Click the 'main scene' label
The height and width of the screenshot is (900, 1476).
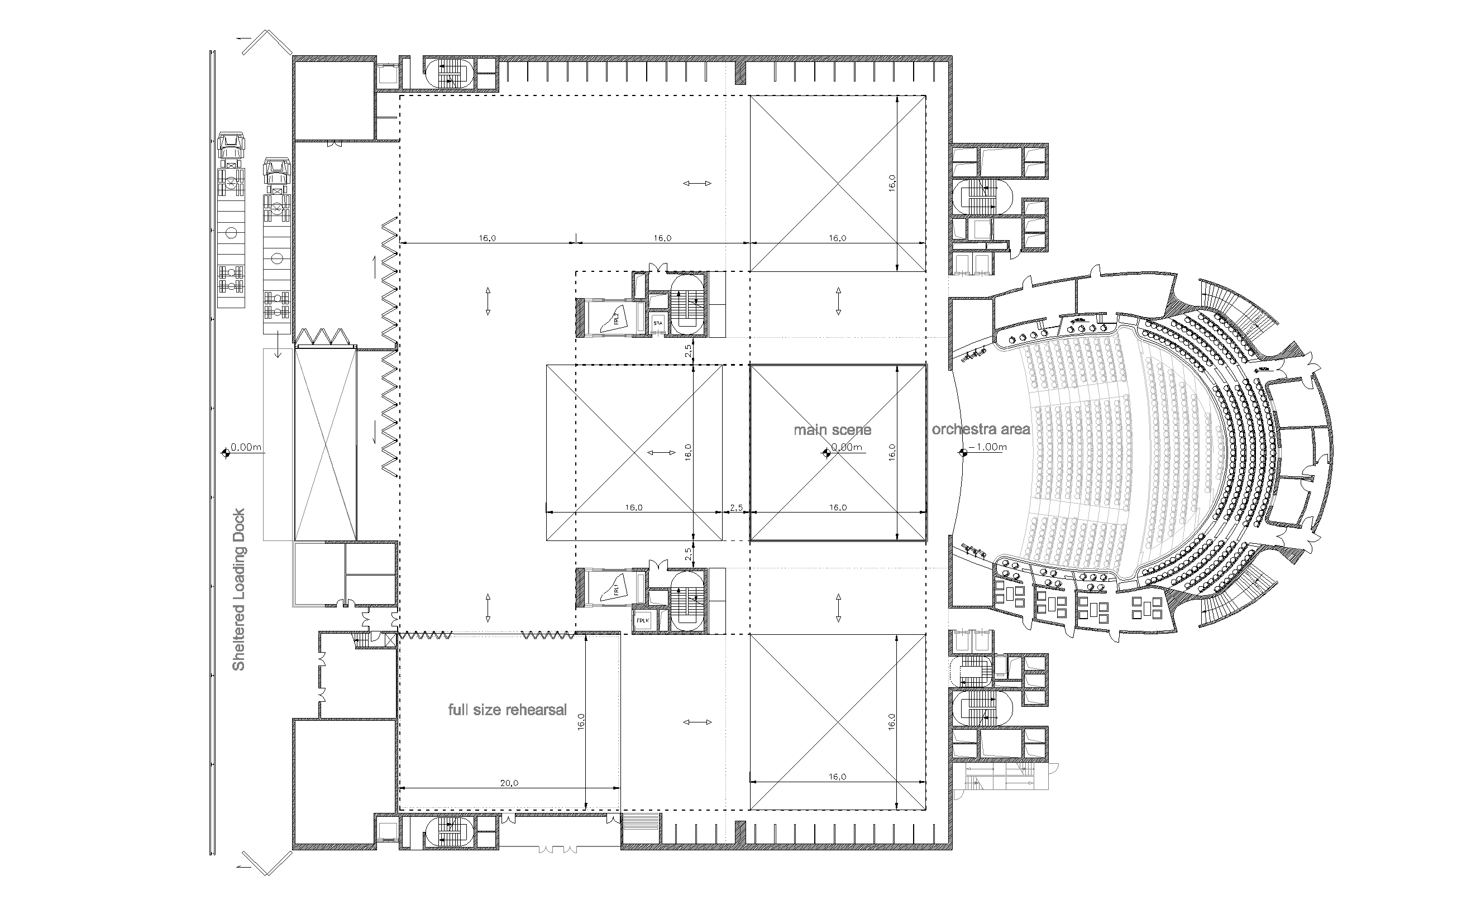(832, 429)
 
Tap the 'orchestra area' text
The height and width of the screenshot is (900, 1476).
(981, 429)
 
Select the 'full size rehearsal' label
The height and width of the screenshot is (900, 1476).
(508, 710)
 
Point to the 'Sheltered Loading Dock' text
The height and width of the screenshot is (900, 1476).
(239, 589)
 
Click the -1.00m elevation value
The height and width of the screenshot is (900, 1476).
(987, 447)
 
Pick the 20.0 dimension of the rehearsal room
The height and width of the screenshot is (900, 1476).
(509, 783)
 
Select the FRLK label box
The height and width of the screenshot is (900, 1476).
(643, 621)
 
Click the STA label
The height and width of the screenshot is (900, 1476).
(658, 324)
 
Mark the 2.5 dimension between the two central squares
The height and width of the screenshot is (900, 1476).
(735, 508)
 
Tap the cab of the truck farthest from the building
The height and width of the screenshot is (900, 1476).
(231, 146)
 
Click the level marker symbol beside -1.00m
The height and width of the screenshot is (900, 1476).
(963, 453)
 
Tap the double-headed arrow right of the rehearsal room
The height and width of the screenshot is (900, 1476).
(698, 722)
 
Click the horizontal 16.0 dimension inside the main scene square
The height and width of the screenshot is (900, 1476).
(838, 508)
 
